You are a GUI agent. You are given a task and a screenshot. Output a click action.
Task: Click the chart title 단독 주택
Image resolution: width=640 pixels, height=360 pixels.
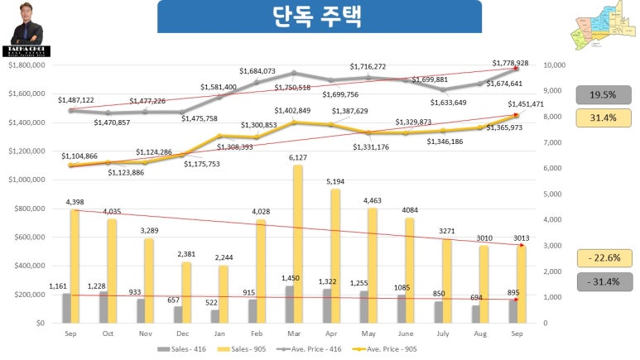pyautogui.click(x=319, y=17)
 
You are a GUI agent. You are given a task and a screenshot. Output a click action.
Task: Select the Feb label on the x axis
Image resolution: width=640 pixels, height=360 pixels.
pyautogui.click(x=257, y=334)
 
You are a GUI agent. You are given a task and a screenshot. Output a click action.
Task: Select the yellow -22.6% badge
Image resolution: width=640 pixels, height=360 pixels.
pyautogui.click(x=605, y=258)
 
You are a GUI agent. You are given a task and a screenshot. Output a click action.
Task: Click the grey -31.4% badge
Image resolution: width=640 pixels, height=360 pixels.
pyautogui.click(x=605, y=282)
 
